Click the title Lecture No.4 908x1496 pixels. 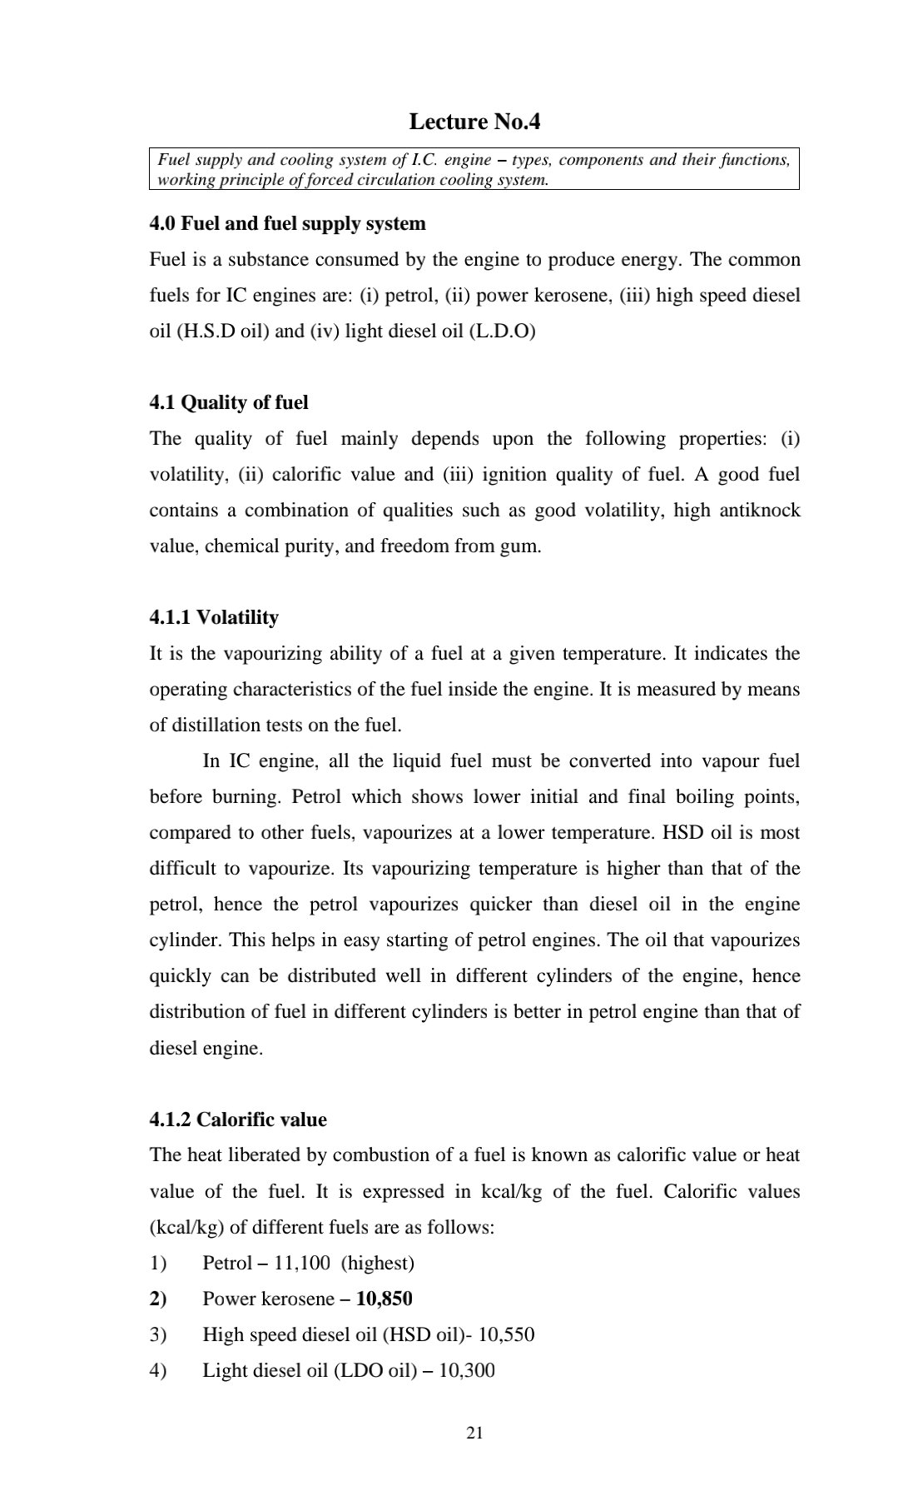[x=474, y=122]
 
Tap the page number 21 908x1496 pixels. [x=475, y=1433]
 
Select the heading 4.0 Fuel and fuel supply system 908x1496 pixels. [x=287, y=223]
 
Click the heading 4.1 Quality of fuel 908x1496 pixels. [x=229, y=402]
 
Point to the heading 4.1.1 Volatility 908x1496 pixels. [x=214, y=617]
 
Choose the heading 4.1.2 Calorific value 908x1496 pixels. [x=238, y=1120]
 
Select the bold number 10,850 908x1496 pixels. [x=384, y=1299]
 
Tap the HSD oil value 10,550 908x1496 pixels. [x=507, y=1334]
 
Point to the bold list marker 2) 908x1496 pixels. [x=158, y=1299]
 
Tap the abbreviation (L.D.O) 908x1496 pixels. [x=503, y=331]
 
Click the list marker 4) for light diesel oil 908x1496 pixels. [x=158, y=1370]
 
